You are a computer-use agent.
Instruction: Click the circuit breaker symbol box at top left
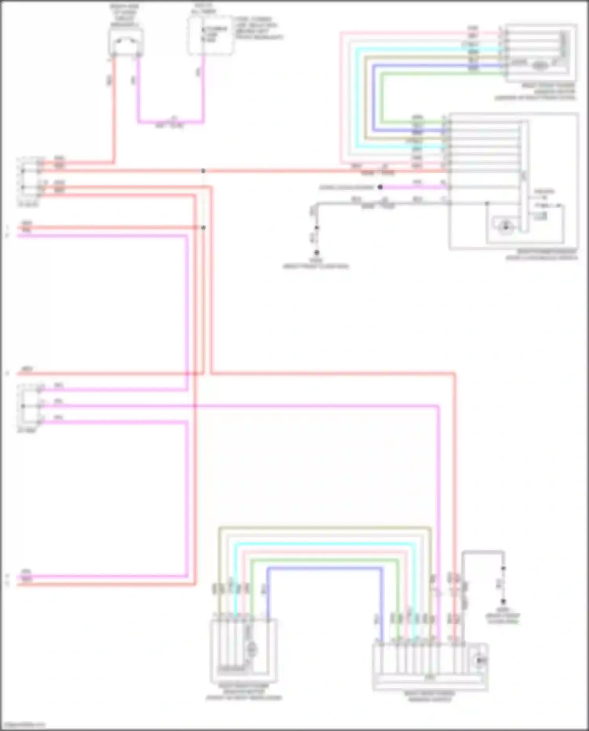[126, 42]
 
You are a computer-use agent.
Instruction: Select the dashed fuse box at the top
[210, 35]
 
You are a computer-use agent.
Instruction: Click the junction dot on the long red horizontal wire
[203, 171]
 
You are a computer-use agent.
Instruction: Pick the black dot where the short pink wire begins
[380, 187]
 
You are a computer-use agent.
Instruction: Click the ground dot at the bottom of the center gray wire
[316, 253]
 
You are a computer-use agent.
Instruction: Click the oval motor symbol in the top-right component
[540, 65]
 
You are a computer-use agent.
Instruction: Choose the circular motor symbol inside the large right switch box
[505, 227]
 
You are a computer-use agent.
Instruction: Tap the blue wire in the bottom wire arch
[324, 568]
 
